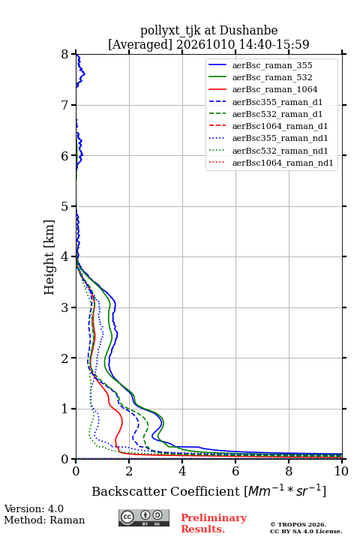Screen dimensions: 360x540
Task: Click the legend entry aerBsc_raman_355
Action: coord(272,65)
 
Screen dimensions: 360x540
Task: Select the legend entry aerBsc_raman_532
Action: coord(272,77)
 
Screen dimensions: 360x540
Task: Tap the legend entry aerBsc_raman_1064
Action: coord(275,89)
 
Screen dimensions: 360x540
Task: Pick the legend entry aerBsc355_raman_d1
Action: coord(277,102)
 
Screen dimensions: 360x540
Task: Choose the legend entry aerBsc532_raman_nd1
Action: coord(280,151)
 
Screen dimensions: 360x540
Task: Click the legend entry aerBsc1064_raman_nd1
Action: coord(283,163)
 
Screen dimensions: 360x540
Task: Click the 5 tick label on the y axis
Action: coord(65,207)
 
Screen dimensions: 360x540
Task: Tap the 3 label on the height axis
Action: coord(65,307)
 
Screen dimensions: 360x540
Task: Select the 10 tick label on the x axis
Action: coord(341,471)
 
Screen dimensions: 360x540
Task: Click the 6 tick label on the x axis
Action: coord(235,471)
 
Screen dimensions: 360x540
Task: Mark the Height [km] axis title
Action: coord(49,257)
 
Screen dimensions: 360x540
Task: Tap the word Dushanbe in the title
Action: coord(248,31)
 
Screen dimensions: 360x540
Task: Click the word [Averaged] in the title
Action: coord(139,44)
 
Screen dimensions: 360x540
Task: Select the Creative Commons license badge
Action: coord(144,517)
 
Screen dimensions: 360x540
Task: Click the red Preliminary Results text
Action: coord(214,523)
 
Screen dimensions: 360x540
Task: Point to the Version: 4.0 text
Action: coord(34,508)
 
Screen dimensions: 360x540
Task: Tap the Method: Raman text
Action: coord(44,520)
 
